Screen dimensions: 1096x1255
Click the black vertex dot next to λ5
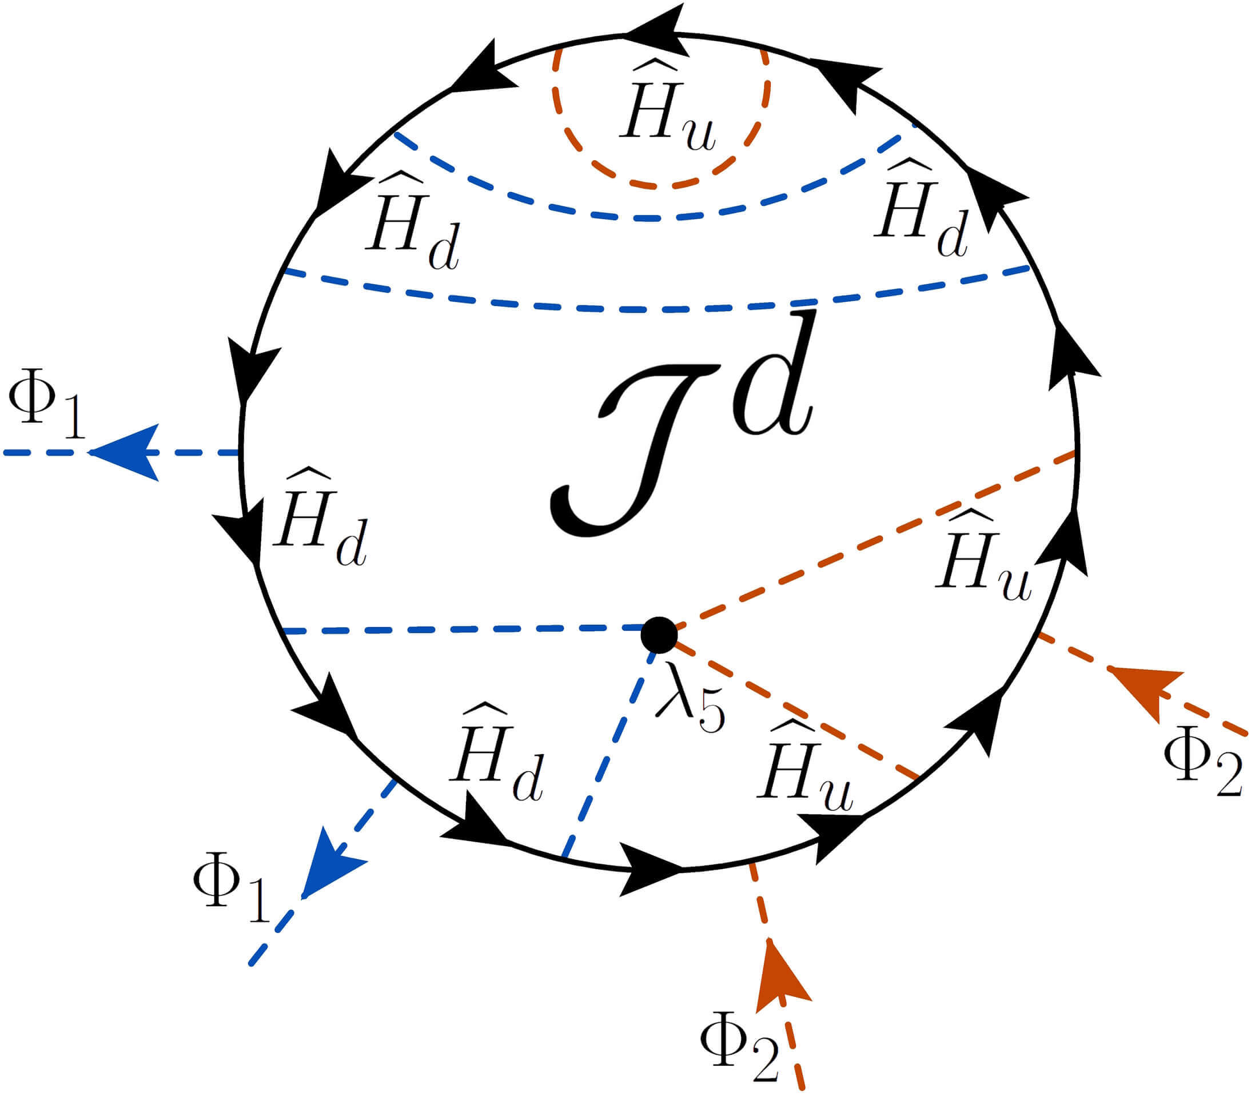click(659, 635)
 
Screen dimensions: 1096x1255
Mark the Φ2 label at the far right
click(1202, 764)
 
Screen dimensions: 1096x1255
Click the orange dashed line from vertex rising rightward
click(875, 541)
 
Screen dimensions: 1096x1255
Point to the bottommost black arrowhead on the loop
click(648, 868)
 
